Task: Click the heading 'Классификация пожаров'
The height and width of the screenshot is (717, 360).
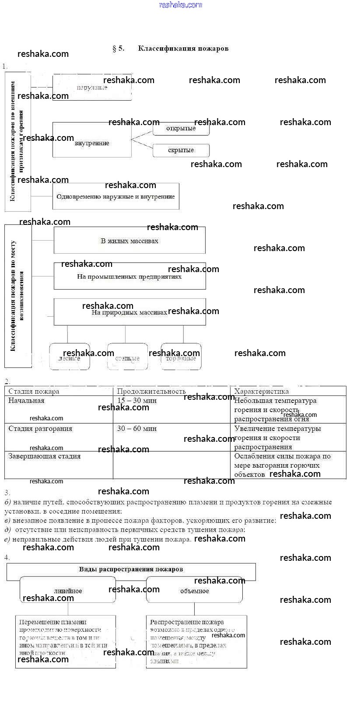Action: tap(183, 49)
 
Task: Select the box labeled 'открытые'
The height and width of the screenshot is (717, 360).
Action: tap(181, 129)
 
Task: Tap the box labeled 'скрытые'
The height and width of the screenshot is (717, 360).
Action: tap(181, 150)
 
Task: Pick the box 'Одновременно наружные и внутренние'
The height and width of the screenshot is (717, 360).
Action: tap(115, 196)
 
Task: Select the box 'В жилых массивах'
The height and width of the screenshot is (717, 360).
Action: tap(129, 241)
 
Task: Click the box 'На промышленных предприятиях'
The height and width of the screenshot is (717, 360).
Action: tap(129, 276)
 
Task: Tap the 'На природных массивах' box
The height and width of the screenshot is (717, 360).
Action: tap(129, 312)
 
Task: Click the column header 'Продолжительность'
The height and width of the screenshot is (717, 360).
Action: tap(151, 392)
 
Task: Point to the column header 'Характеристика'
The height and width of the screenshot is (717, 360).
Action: tap(262, 392)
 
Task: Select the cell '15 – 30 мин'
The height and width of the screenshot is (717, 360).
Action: tap(137, 401)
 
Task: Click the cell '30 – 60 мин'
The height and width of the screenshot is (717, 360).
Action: tap(137, 429)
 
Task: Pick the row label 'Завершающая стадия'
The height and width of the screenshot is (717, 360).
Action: tap(45, 456)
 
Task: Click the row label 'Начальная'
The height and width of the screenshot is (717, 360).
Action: tap(26, 401)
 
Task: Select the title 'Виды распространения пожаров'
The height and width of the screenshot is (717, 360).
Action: tap(131, 570)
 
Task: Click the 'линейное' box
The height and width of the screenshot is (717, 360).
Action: tap(68, 591)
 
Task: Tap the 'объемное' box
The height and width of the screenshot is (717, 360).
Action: tap(194, 591)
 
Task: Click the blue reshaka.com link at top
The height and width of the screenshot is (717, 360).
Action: tap(181, 5)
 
